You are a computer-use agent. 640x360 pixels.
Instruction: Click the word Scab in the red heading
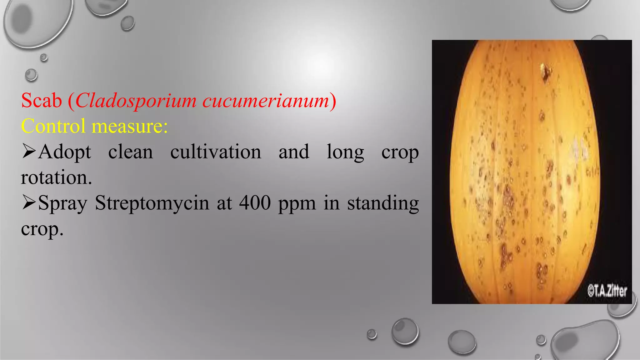point(42,101)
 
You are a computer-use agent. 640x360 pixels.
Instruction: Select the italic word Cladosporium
point(136,101)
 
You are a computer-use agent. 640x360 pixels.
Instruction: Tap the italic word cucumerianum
point(266,101)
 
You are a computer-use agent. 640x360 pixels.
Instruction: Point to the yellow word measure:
point(129,126)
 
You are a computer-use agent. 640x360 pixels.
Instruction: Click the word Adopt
point(65,152)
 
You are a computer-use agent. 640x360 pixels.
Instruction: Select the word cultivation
point(216,152)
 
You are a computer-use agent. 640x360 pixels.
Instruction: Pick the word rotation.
point(56,177)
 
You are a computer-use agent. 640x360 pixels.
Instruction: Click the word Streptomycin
point(152,203)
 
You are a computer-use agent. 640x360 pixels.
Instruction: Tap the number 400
point(255,203)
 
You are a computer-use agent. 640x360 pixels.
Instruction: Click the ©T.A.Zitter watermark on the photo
point(607,291)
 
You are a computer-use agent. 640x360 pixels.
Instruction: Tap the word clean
point(131,152)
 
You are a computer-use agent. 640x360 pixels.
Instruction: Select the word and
point(294,152)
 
